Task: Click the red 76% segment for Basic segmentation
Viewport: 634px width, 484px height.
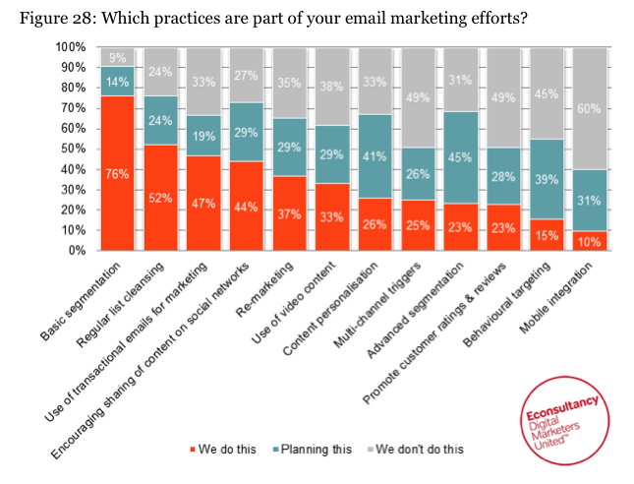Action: click(117, 173)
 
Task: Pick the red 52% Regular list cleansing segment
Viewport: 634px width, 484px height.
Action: click(160, 198)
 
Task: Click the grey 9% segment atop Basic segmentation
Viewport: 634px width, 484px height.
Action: click(117, 57)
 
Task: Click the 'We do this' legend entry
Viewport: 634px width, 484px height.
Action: click(220, 450)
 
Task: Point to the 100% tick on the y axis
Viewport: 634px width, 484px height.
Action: click(71, 47)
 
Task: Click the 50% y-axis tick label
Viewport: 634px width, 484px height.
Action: click(74, 149)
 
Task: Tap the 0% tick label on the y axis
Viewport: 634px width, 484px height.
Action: click(77, 251)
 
